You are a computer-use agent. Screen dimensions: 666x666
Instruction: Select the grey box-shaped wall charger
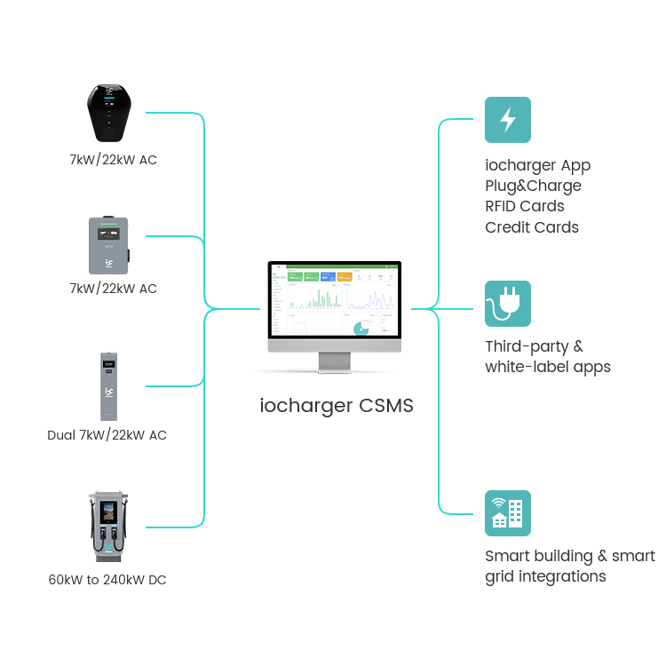109,244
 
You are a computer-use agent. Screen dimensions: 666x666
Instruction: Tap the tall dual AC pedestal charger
108,386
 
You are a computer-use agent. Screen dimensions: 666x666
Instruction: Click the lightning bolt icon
508,120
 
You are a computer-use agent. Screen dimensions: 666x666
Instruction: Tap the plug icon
508,304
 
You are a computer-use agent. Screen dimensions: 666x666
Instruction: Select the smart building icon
508,513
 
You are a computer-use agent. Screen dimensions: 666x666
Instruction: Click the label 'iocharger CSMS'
337,406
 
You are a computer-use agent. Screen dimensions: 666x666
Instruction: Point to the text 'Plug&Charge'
533,186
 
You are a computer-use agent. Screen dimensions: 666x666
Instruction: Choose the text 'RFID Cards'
524,206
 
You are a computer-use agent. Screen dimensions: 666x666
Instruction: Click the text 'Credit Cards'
531,227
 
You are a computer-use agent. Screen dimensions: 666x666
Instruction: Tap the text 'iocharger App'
537,165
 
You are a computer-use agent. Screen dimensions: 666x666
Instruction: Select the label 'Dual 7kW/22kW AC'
107,435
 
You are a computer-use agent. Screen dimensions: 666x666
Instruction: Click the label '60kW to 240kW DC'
107,580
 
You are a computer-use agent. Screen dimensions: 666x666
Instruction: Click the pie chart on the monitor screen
362,329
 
